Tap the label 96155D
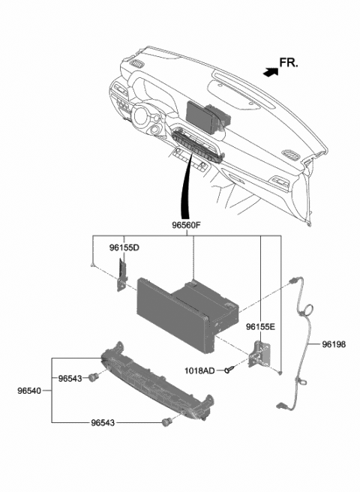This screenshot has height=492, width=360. click(124, 246)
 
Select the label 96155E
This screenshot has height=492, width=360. click(261, 326)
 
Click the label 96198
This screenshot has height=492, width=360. click(334, 344)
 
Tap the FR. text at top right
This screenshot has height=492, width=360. click(288, 62)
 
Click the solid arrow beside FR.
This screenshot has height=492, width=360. click(268, 71)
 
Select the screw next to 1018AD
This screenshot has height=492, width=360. click(234, 369)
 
